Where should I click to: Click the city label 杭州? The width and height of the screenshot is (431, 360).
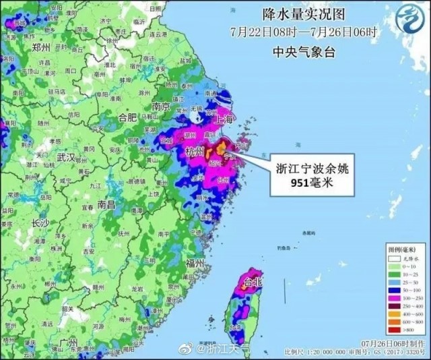coord(195,152)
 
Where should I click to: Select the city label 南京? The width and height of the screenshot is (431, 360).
coord(160,107)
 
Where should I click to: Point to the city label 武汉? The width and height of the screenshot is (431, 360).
coord(65,156)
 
